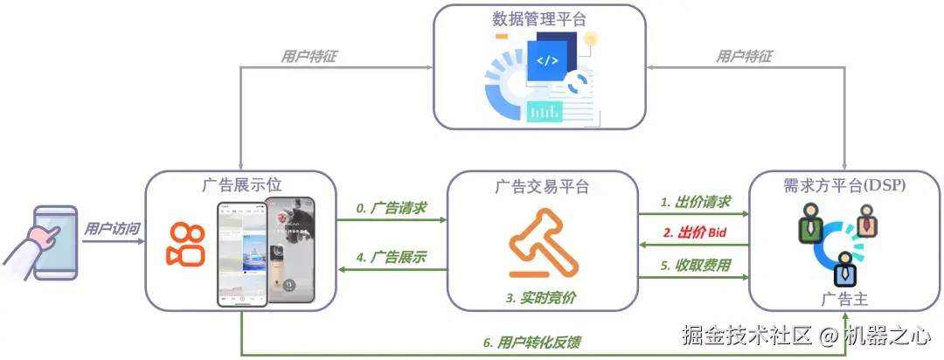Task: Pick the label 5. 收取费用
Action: point(694,265)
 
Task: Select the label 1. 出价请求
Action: point(694,201)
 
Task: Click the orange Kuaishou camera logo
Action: point(184,246)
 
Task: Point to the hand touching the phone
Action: point(37,235)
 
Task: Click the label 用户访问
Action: point(112,229)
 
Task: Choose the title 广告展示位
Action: point(240,185)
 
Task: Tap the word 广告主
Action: point(844,299)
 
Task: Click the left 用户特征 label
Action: point(309,57)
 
